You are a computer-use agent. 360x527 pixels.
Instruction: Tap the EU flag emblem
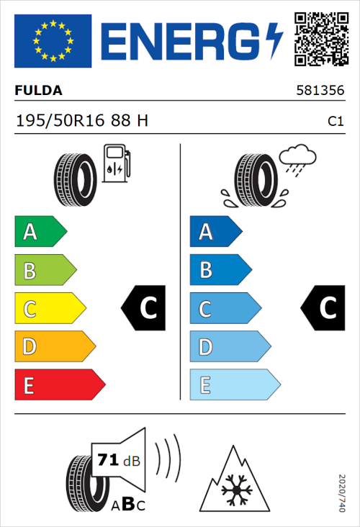coord(53,41)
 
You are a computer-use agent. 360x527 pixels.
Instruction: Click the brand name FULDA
coord(39,91)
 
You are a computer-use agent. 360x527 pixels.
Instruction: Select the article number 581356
coord(320,91)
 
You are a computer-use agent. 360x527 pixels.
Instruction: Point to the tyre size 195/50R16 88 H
coord(82,121)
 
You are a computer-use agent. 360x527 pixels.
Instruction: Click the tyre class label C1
coord(335,122)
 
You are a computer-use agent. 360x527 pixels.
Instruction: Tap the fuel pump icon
coord(116,163)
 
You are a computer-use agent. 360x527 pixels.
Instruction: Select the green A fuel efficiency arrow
coord(40,232)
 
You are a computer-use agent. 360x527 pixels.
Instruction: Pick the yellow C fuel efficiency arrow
coord(50,309)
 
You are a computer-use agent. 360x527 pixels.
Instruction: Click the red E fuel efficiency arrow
coord(59,385)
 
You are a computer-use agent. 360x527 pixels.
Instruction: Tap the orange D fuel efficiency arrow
coord(55,347)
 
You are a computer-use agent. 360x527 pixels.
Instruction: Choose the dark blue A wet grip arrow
coord(215,232)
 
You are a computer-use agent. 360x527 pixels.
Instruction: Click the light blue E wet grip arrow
coord(234,385)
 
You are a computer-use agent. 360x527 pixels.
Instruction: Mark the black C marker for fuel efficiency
coord(145,308)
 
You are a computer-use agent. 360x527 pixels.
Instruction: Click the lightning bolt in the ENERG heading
coord(274,41)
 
